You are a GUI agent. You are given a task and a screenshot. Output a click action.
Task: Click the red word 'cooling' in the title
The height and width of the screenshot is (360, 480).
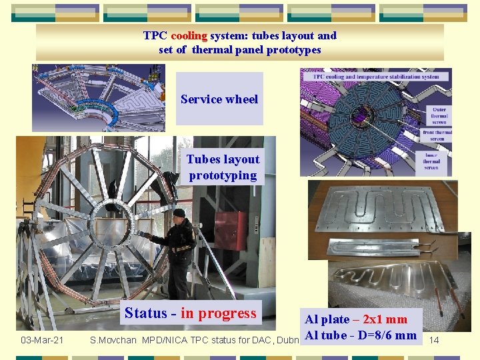[x=190, y=36]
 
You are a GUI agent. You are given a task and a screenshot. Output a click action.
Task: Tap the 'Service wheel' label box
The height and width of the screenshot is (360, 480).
[x=219, y=99]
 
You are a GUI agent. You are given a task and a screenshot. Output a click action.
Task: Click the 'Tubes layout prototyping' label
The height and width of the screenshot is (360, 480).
[x=223, y=167]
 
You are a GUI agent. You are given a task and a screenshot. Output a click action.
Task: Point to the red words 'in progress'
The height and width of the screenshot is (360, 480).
[x=219, y=313]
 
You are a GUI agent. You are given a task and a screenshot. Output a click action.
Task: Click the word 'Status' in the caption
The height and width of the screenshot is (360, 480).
[x=145, y=313]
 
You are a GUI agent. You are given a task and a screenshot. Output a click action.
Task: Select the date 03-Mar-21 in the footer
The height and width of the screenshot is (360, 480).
[x=42, y=341]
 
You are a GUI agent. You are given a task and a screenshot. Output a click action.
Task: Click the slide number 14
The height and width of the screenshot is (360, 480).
[x=434, y=341]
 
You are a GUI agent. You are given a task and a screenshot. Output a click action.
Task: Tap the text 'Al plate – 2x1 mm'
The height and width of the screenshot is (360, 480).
[x=356, y=319]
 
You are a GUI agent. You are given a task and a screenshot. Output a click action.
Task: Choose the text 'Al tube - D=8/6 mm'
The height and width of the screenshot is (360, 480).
[x=361, y=335]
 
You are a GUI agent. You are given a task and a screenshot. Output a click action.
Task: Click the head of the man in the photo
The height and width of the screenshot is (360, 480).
[x=179, y=215]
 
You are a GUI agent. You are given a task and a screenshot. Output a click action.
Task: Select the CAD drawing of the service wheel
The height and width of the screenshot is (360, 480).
[x=99, y=99]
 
